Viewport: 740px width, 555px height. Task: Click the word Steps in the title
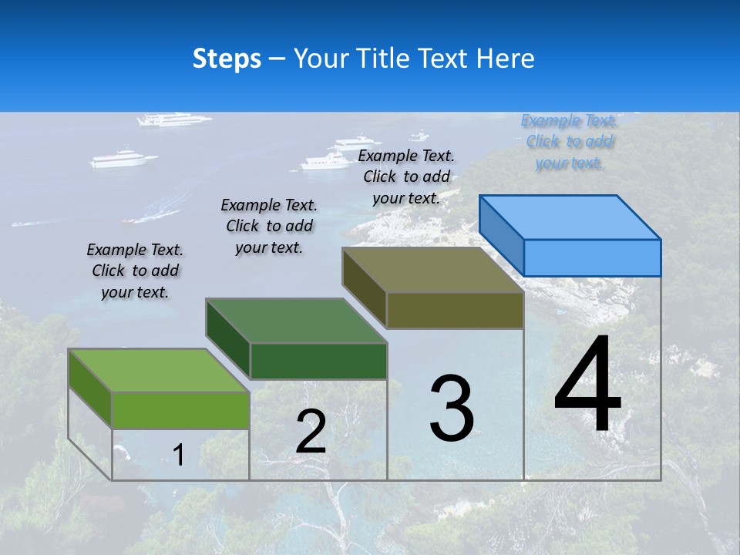[x=227, y=59]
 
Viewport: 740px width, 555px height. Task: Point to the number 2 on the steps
[x=311, y=432]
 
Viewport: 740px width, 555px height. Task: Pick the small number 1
[x=178, y=455]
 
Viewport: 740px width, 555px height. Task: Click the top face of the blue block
[x=570, y=217]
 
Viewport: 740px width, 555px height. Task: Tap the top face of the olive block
[x=433, y=270]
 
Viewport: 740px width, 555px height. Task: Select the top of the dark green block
[x=296, y=321]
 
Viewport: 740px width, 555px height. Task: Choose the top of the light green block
[x=159, y=371]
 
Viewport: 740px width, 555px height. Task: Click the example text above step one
[x=135, y=271]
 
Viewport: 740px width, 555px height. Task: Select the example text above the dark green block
[x=269, y=226]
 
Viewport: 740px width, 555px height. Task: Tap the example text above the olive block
[x=406, y=177]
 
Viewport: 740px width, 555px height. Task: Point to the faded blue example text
[x=569, y=141]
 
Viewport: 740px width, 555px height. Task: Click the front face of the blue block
[x=592, y=257]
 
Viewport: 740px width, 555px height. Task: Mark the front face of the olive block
[x=455, y=310]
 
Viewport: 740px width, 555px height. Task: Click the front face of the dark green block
[x=318, y=361]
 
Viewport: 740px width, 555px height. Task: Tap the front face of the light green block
[x=180, y=410]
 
